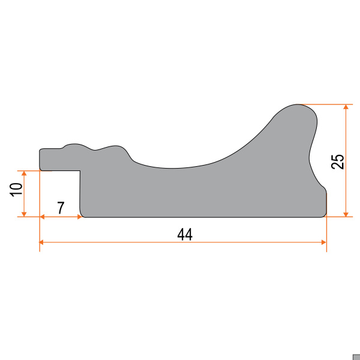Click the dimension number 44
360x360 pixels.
pos(185,235)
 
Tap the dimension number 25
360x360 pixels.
pos(338,161)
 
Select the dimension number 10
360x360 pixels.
pos(16,190)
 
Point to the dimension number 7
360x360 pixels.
pos(61,208)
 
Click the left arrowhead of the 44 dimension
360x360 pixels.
pos(41,242)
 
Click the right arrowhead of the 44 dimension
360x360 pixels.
pos(324,242)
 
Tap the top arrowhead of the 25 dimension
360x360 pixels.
pos(346,107)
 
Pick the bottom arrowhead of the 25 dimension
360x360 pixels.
pos(346,214)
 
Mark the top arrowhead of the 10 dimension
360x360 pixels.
pos(24,173)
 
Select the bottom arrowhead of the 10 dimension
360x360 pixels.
pos(24,214)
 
